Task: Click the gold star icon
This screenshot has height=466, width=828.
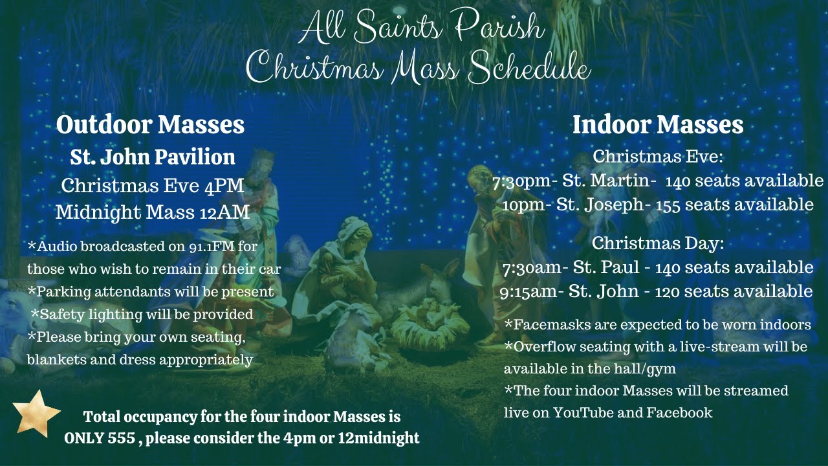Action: pos(36,413)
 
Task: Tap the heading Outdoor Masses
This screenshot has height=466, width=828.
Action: pos(150,125)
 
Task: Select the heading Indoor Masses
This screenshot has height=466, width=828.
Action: pos(658,125)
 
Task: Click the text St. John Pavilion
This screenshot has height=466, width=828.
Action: pos(153,157)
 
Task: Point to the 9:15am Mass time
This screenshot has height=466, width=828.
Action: pos(528,292)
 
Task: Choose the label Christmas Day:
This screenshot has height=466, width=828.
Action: pos(657,243)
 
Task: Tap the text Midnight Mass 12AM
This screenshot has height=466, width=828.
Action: pos(153,212)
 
